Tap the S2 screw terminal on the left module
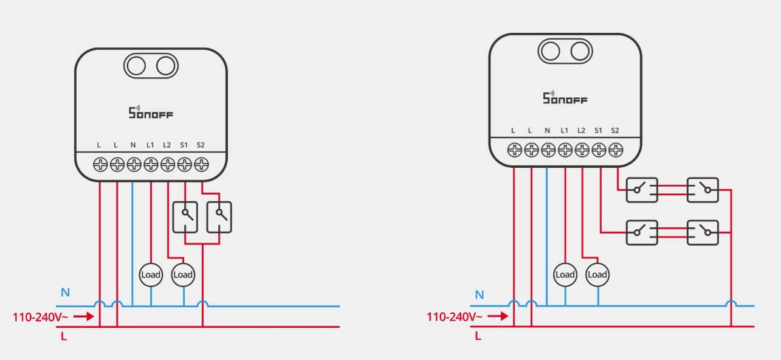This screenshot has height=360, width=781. pos(201,164)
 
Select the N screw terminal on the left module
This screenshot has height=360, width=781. pos(134,164)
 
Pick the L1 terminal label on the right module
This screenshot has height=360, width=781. pos(565,131)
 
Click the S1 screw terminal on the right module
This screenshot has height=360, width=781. pos(599,149)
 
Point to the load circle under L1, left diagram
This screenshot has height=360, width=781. pos(151,274)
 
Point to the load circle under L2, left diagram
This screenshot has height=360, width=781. pos(183,274)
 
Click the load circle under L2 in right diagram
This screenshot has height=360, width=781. pos(597,274)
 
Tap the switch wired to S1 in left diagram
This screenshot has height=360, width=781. pos(185,217)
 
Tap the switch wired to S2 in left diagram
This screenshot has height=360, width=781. pos(219,217)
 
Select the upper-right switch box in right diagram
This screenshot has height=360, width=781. pos(703,190)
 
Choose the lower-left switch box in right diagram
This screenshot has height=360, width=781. pos(642,232)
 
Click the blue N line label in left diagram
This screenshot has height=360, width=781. pos(65,292)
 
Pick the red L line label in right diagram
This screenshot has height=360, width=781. pos(478,336)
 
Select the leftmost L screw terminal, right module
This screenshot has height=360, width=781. pos(514,149)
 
